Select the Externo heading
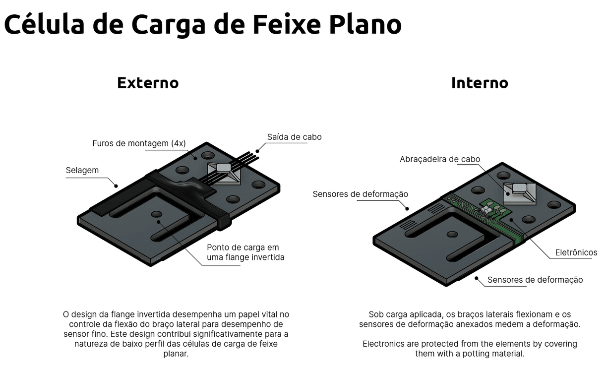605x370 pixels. pyautogui.click(x=148, y=82)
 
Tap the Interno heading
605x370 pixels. pyautogui.click(x=480, y=82)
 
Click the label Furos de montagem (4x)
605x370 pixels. pyautogui.click(x=139, y=143)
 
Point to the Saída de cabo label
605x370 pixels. pyautogui.click(x=294, y=137)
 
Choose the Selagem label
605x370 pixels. pyautogui.click(x=82, y=170)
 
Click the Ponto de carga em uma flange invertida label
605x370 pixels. pyautogui.click(x=245, y=252)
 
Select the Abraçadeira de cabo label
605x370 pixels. pyautogui.click(x=440, y=159)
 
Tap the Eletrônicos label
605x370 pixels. pyautogui.click(x=576, y=252)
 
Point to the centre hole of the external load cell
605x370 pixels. pyautogui.click(x=157, y=214)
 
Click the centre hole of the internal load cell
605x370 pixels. pyautogui.click(x=451, y=234)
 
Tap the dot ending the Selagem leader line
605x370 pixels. pyautogui.click(x=117, y=186)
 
